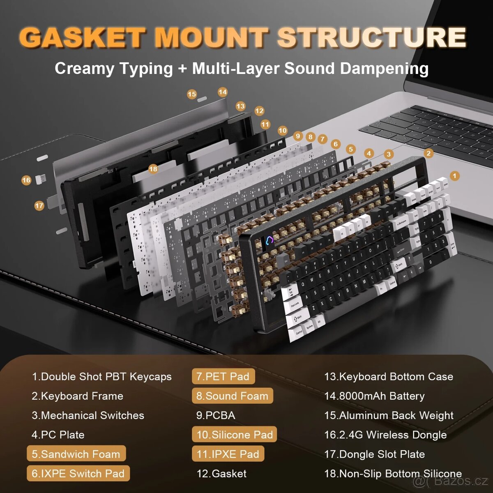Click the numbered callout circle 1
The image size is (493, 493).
pyautogui.click(x=454, y=176)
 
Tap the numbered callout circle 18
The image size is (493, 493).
pyautogui.click(x=153, y=169)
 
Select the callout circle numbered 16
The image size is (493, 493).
pyautogui.click(x=26, y=180)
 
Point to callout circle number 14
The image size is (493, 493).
pyautogui.click(x=223, y=92)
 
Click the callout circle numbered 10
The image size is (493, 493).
pyautogui.click(x=282, y=131)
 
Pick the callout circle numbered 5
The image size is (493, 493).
pyautogui.click(x=350, y=149)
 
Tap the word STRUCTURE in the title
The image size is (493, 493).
pyautogui.click(x=372, y=38)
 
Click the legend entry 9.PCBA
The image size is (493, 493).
pyautogui.click(x=216, y=415)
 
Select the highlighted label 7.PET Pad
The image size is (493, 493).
pyautogui.click(x=223, y=376)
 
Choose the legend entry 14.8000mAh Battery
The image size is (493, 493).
pyautogui.click(x=374, y=396)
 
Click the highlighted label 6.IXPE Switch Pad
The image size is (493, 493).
pyautogui.click(x=78, y=474)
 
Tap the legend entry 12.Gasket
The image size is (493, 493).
pyautogui.click(x=221, y=474)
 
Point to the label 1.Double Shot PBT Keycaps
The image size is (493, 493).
pyautogui.click(x=101, y=376)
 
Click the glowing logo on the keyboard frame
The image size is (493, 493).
pyautogui.click(x=270, y=241)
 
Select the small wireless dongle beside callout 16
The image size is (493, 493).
pyautogui.click(x=40, y=179)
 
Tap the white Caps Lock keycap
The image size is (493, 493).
pyautogui.click(x=295, y=305)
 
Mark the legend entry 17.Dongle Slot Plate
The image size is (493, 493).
pyautogui.click(x=374, y=454)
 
